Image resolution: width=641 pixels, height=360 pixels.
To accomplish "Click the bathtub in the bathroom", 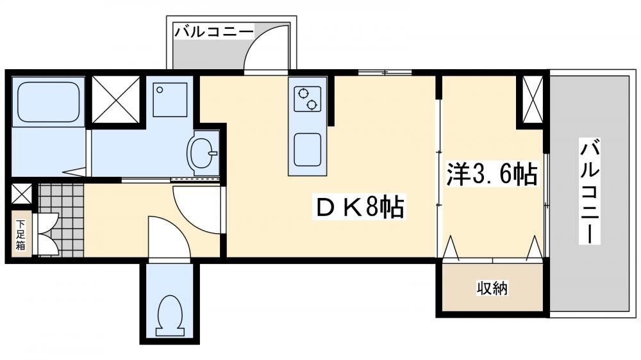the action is (48, 102).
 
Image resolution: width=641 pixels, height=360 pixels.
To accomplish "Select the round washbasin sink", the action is (202, 153).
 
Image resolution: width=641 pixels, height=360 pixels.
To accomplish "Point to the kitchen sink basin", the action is (308, 149).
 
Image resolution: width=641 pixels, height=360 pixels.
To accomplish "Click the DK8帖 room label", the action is (360, 207).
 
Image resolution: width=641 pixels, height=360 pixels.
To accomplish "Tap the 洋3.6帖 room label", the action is (492, 174).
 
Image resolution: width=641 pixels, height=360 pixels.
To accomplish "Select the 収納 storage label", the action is (492, 288).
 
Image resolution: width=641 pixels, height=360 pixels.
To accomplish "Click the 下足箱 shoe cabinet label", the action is (21, 235).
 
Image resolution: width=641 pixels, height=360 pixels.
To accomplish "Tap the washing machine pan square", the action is (170, 100).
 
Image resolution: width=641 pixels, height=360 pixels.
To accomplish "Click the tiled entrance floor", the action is (61, 220).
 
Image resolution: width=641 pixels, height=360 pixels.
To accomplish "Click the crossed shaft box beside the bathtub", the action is (115, 99).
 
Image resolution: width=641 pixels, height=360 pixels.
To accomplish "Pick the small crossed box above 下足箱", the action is (21, 193).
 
